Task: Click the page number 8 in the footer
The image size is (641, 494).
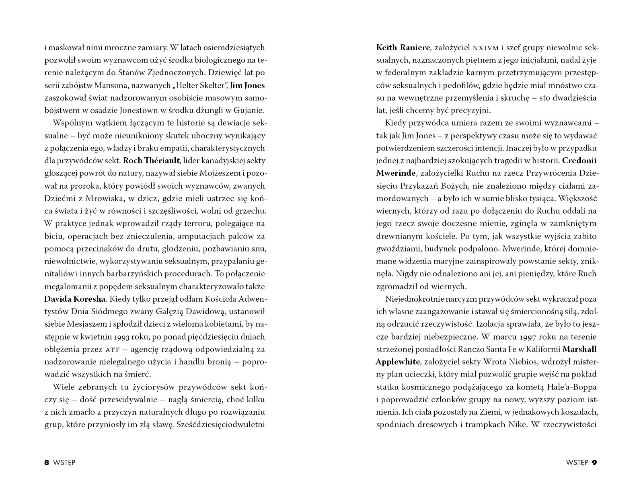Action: coord(47,463)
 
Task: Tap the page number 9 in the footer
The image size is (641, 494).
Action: coord(594,463)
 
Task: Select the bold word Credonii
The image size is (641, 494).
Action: coord(579,161)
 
